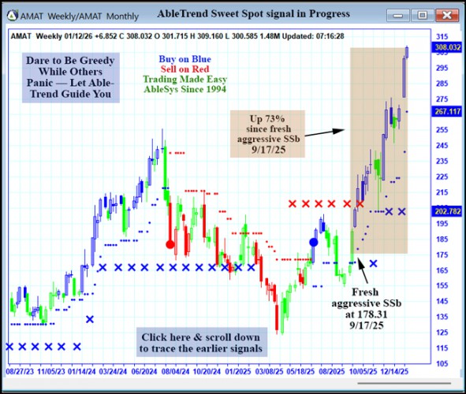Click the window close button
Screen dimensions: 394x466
(447, 14)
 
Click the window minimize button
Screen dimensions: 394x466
(401, 14)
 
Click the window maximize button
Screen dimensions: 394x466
(423, 14)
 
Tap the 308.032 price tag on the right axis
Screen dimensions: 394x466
(447, 47)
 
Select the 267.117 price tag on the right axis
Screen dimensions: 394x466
(447, 111)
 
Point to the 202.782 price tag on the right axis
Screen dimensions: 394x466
(447, 211)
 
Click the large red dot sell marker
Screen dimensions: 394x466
(170, 244)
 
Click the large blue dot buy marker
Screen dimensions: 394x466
(314, 243)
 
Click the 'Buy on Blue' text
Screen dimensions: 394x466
(185, 59)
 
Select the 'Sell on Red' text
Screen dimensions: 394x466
(185, 69)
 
